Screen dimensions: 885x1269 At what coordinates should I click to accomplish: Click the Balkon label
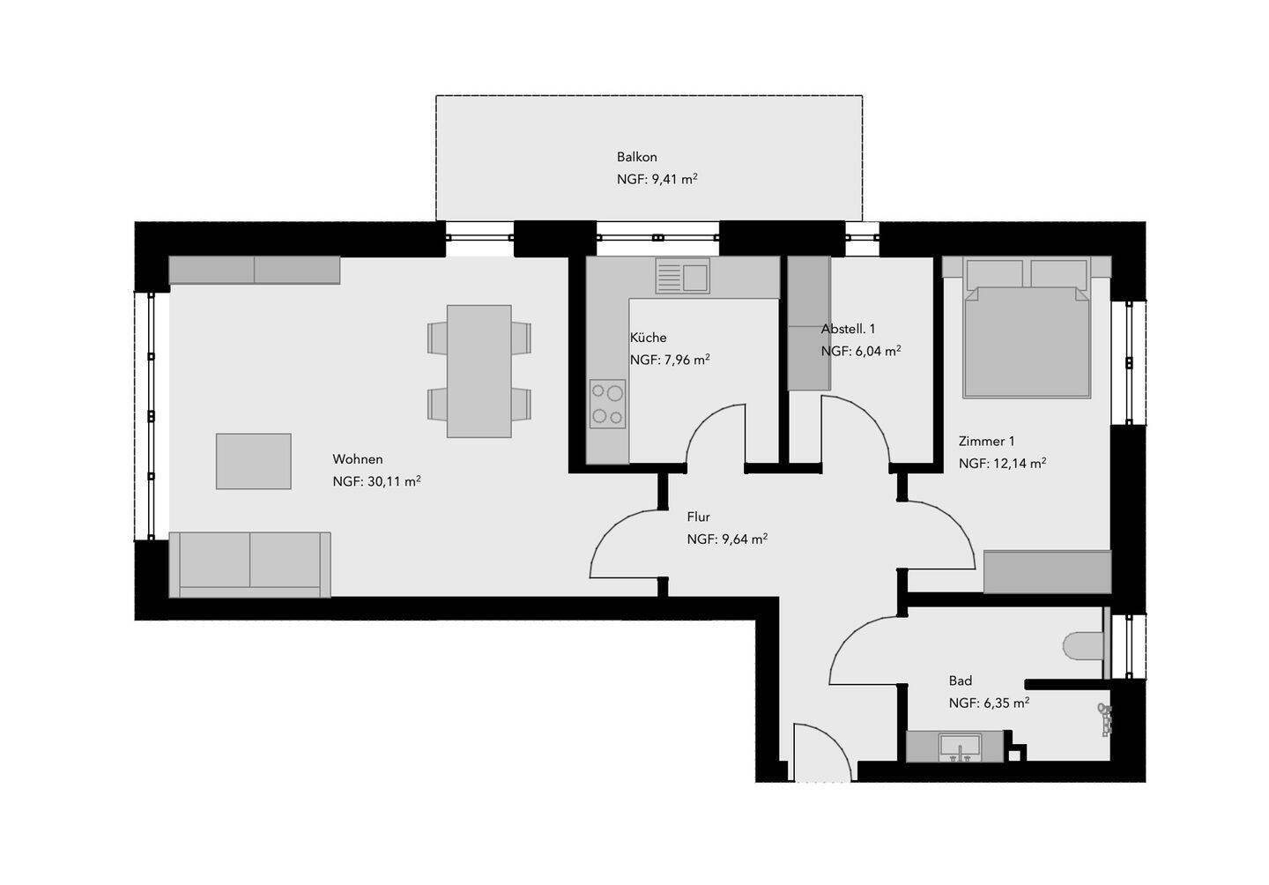coord(636,157)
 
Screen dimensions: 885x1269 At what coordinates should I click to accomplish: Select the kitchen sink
coord(682,278)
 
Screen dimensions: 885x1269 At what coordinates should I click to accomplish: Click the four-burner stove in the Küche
coord(607,404)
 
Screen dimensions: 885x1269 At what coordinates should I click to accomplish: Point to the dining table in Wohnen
coord(479,370)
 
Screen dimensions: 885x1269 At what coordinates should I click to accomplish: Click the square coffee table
coord(254,461)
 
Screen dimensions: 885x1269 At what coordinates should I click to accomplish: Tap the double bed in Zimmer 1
coord(1027,339)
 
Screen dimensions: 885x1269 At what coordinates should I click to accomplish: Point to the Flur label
coord(698,517)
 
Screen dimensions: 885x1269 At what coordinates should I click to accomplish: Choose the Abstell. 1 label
coord(848,329)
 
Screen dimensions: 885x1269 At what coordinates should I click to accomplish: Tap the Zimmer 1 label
coord(986,441)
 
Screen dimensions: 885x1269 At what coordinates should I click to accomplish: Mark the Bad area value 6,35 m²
coord(989,703)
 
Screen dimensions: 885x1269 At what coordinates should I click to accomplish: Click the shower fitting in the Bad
coord(1104,718)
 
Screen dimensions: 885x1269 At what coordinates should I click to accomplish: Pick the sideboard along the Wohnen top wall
coord(254,270)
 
